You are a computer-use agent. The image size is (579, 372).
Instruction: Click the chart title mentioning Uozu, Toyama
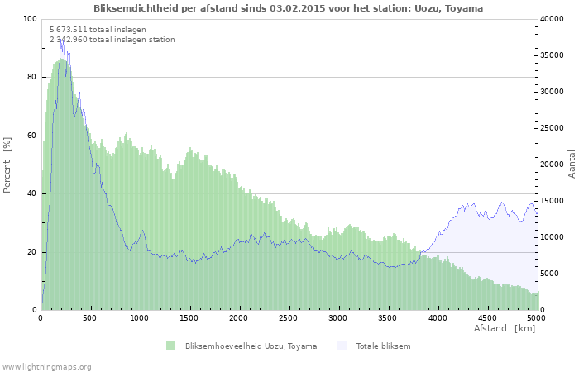289,8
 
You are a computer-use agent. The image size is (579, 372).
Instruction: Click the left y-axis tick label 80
32,77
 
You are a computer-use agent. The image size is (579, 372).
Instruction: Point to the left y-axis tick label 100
30,19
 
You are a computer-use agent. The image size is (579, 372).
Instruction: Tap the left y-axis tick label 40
32,193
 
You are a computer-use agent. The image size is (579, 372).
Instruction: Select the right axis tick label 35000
552,55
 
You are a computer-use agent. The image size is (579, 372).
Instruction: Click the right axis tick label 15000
552,201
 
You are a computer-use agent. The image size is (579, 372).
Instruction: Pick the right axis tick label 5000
549,274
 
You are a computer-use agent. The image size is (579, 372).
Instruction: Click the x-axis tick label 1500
189,317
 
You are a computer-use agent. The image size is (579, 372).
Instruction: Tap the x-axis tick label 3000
338,317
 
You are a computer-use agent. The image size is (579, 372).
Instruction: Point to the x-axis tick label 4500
486,317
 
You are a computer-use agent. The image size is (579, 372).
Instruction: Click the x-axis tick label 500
90,317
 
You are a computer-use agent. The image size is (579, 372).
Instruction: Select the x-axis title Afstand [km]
504,329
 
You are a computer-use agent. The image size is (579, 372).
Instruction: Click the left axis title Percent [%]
7,165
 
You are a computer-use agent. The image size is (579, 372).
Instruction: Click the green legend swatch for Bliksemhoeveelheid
171,346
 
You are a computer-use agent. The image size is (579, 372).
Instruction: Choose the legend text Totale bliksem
383,346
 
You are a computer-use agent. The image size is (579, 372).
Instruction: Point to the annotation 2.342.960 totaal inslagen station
112,40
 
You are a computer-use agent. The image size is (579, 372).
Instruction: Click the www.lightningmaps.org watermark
46,366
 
